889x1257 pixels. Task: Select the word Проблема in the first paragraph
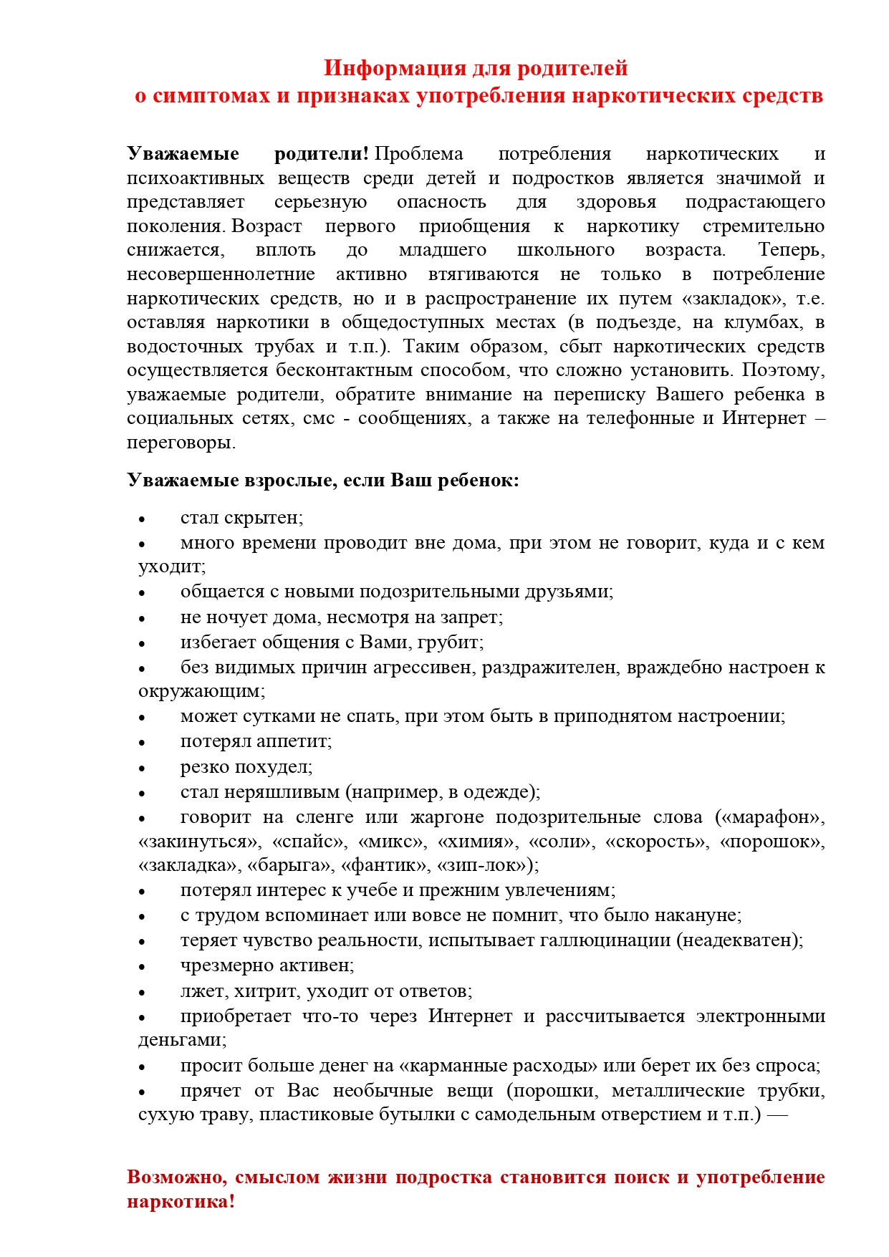tap(419, 154)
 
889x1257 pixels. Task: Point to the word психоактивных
tap(196, 178)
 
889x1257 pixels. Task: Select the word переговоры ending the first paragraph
tap(181, 443)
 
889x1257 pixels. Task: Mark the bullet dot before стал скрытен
tap(142, 519)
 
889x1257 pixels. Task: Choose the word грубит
tap(455, 642)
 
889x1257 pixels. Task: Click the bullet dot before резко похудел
tap(142, 769)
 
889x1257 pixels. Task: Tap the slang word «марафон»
tap(770, 818)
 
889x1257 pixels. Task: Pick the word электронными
tap(760, 1017)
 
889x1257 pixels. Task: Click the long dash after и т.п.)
tap(777, 1115)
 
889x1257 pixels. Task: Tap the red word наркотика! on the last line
tap(181, 1201)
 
